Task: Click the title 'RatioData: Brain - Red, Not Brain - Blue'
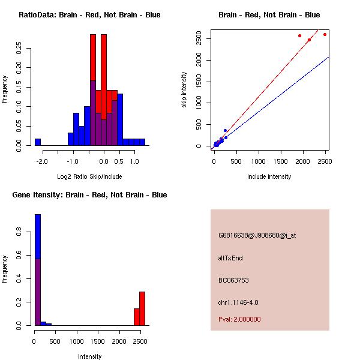89,15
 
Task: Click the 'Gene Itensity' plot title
89,195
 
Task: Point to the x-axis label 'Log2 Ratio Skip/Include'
89,176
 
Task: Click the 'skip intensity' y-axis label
184,90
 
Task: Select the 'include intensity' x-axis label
269,176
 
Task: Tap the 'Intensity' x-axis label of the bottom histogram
89,356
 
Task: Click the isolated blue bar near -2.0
38,142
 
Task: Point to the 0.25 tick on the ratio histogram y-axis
19,49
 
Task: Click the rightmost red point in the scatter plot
325,34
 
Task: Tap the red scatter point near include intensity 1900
299,36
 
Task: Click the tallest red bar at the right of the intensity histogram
142,308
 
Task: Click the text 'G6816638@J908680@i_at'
257,235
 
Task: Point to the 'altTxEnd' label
230,258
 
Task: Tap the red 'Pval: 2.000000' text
239,319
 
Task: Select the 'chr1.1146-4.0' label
238,302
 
